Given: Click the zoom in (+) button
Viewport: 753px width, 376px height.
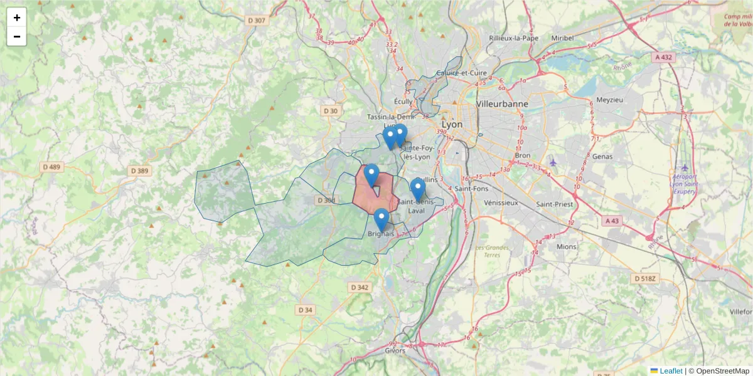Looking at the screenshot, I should pos(17,18).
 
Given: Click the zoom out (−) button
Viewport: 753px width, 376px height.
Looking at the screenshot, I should pos(17,36).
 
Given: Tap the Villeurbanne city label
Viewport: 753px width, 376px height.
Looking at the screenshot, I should pos(502,103).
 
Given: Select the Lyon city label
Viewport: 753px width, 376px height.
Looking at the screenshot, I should pos(452,125).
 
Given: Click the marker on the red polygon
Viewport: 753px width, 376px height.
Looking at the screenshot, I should pos(371,176).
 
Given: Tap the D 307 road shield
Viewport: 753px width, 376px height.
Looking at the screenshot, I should pos(257,20).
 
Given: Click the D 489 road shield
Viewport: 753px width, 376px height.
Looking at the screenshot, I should pos(51,167).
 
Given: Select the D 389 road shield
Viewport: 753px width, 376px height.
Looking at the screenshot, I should pos(139,170).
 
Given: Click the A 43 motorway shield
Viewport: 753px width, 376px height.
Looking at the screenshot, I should pos(612,221).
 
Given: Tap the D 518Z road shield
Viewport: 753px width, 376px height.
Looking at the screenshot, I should pos(644,278).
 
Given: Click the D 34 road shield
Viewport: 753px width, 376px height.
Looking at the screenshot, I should pos(305,310).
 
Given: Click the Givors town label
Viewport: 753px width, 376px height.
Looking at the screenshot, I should pos(395,351).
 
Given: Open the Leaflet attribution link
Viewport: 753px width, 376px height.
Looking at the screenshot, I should pos(671,371).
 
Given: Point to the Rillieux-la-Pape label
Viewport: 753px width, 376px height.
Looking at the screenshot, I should pos(513,38).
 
